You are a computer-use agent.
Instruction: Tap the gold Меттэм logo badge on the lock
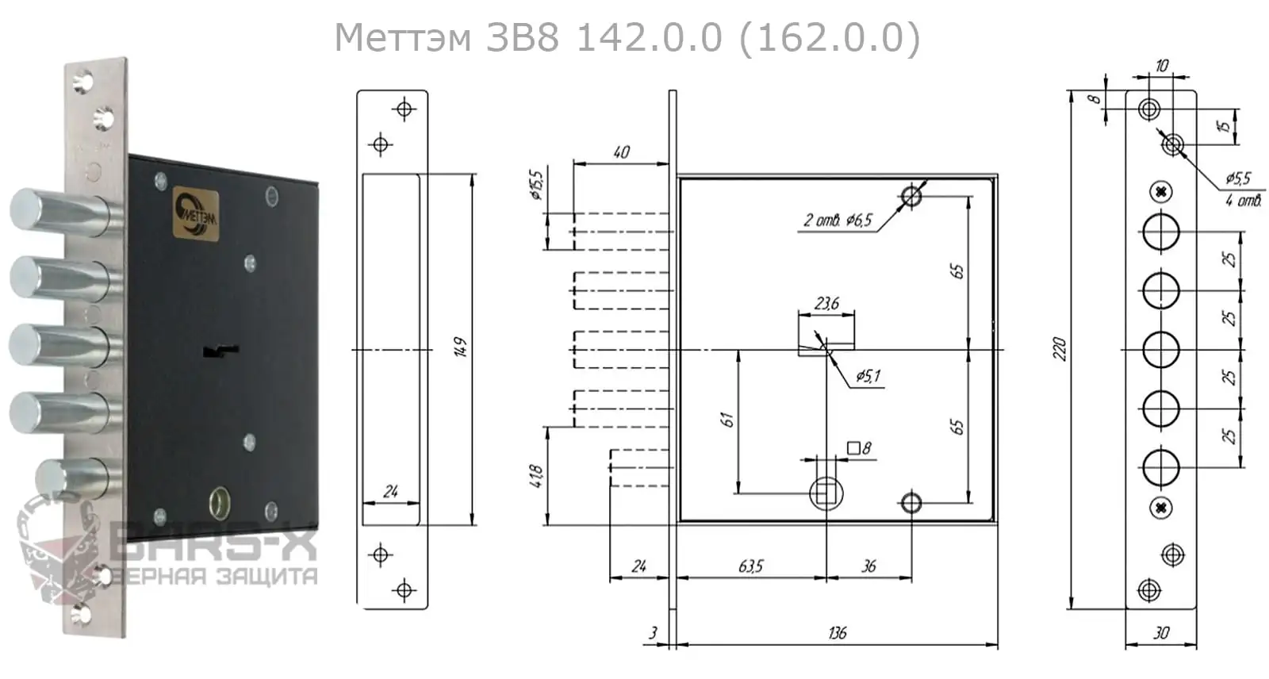pyautogui.click(x=195, y=213)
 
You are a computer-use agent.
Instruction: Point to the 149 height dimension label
pyautogui.click(x=461, y=347)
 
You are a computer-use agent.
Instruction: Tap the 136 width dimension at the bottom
pyautogui.click(x=837, y=632)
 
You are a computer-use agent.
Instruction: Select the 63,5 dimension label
pyautogui.click(x=750, y=566)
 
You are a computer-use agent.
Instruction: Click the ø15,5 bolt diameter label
pyautogui.click(x=537, y=184)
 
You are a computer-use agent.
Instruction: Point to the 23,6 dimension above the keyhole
pyautogui.click(x=826, y=304)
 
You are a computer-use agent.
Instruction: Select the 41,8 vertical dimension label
pyautogui.click(x=537, y=476)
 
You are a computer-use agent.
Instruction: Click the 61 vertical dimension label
pyautogui.click(x=727, y=420)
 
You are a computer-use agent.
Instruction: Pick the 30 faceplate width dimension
pyautogui.click(x=1161, y=632)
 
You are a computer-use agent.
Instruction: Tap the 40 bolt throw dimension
pyautogui.click(x=621, y=152)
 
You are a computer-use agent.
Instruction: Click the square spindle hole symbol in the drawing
pyautogui.click(x=826, y=494)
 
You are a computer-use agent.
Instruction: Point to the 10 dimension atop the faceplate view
pyautogui.click(x=1162, y=65)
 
